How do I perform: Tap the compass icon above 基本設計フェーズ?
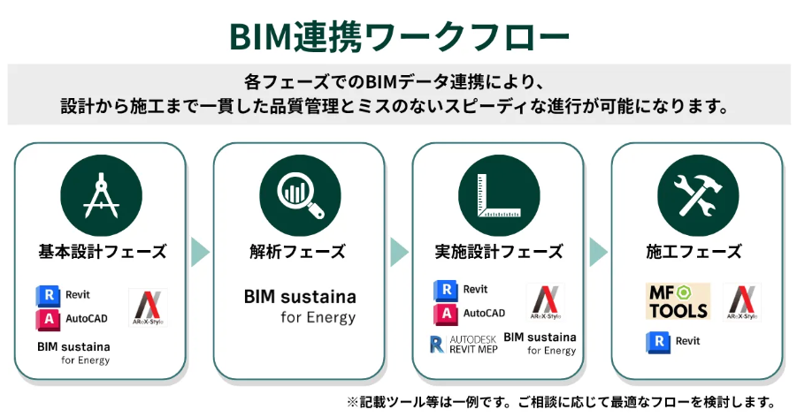(x=100, y=197)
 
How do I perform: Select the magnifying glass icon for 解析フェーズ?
(x=299, y=197)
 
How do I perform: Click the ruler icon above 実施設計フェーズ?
(x=498, y=197)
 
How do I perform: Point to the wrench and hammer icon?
(x=697, y=197)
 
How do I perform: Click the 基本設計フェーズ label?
(x=102, y=252)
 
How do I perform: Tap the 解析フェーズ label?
(x=300, y=252)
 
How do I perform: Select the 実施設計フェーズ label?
(x=499, y=252)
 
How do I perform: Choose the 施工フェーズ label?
(x=697, y=252)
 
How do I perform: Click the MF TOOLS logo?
(x=677, y=301)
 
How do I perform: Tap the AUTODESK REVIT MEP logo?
(x=464, y=345)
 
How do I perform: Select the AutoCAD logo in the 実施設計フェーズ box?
(x=470, y=314)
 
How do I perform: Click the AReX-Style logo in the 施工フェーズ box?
(x=741, y=302)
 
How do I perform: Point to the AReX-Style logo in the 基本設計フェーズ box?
(x=146, y=307)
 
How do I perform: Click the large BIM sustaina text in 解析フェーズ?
(x=300, y=297)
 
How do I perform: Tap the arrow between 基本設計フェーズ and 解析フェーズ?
(x=201, y=253)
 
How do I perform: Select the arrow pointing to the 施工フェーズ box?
(x=598, y=253)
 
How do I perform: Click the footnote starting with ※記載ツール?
(x=562, y=401)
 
